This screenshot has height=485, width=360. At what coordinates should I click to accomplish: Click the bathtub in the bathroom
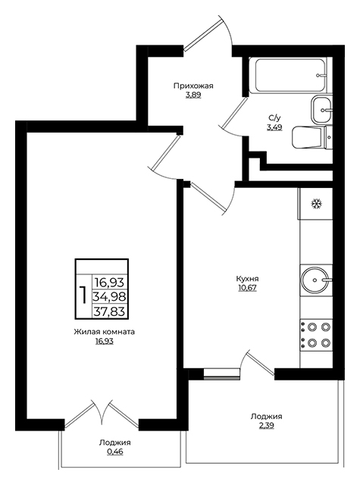point(290,75)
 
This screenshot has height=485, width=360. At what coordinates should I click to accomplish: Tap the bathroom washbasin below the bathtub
point(321,109)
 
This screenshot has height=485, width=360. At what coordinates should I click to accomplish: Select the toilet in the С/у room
point(311,137)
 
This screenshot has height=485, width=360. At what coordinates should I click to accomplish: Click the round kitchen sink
point(315,280)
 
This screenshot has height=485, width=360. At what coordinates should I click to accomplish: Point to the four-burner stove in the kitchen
point(316,335)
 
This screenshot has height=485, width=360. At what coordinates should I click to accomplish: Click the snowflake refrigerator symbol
point(316,204)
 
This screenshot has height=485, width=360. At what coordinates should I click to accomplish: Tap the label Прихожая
point(193,86)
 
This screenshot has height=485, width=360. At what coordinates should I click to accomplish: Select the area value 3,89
point(193,95)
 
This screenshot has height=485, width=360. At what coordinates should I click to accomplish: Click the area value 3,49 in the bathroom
point(274,127)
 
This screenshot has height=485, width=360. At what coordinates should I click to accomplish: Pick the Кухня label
point(247,279)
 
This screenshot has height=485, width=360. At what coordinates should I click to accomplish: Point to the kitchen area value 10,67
point(247,288)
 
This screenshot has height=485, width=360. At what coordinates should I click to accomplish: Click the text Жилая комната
point(105,332)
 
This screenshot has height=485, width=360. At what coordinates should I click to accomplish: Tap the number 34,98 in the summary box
point(110,297)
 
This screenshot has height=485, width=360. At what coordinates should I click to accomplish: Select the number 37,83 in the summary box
point(110,311)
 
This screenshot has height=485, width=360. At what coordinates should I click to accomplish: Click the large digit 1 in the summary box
point(83,296)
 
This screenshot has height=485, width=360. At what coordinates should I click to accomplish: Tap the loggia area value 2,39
point(267,426)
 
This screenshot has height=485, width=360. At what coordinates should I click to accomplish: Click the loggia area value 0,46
point(115,452)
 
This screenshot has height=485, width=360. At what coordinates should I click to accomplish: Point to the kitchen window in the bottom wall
point(222,374)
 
